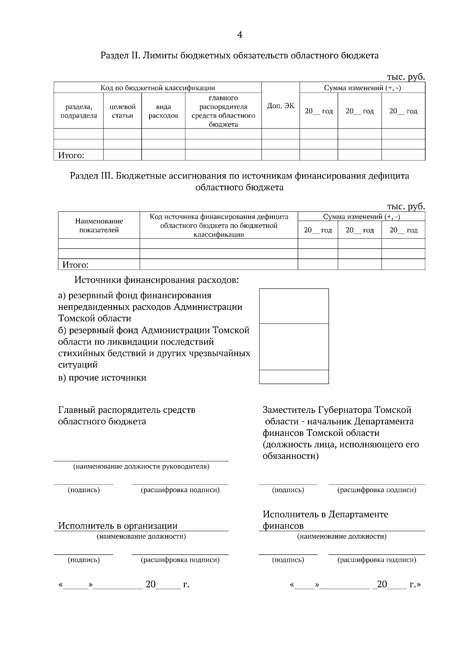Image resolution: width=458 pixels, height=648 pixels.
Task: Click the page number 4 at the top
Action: tap(240, 35)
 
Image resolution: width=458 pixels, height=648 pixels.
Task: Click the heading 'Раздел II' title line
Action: tap(239, 56)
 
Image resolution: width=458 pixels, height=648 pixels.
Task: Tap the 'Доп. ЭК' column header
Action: tap(281, 106)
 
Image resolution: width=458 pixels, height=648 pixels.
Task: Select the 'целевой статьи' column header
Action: tap(123, 111)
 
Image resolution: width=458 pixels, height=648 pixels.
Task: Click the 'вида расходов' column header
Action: tap(163, 111)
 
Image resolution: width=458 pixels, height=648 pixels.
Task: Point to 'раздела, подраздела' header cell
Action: tap(79, 111)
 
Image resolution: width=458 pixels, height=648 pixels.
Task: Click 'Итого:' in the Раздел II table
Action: tap(71, 155)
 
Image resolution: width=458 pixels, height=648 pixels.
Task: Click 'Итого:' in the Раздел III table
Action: tap(75, 265)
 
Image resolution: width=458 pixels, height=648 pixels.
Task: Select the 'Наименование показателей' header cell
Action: tap(99, 226)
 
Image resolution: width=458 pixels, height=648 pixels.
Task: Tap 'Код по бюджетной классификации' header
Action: tap(158, 88)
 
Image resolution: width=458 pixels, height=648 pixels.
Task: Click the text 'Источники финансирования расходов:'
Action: tap(156, 280)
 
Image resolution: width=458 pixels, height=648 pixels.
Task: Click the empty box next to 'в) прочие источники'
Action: tap(294, 377)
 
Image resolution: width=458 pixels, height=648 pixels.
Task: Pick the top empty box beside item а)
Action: tap(294, 306)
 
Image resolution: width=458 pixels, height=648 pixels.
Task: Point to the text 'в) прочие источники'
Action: tap(102, 378)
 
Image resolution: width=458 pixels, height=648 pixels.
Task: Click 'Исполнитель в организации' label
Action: tap(118, 526)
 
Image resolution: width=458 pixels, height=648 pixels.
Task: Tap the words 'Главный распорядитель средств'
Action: tap(127, 410)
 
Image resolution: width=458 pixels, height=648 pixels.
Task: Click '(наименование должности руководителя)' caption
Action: tap(141, 466)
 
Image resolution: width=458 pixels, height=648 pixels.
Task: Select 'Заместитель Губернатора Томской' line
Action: tap(337, 410)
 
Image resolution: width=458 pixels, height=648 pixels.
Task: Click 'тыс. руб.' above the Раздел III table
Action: tap(406, 206)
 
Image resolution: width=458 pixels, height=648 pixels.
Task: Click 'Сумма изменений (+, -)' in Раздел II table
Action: tap(362, 88)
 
